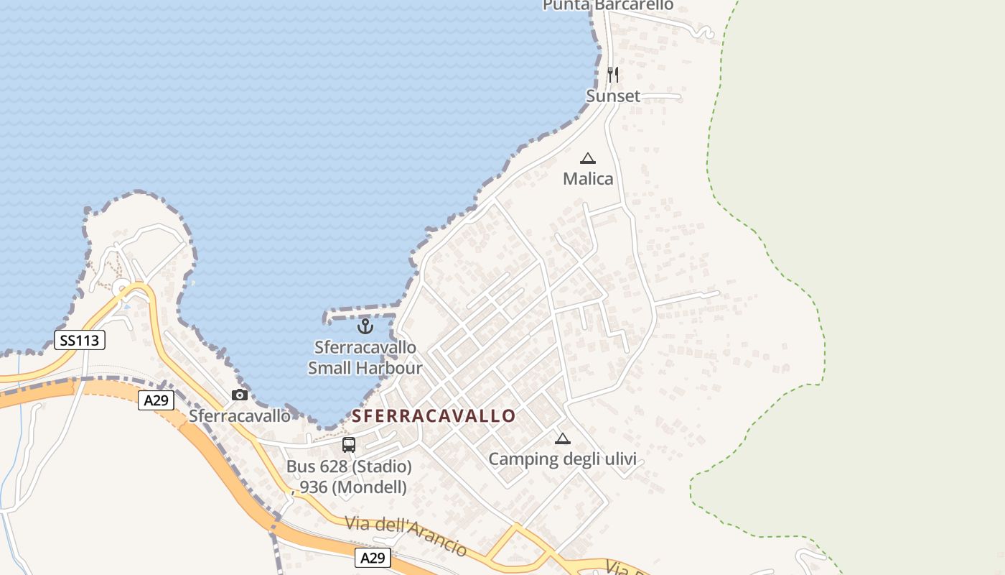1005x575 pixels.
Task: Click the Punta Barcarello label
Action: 608,5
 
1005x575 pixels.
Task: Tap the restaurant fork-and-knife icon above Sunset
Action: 612,74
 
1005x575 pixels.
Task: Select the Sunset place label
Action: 613,96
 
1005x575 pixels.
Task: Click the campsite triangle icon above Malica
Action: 588,158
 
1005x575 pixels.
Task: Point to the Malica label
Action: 588,178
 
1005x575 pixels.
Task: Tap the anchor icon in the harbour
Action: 365,326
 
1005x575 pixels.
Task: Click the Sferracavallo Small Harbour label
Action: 365,358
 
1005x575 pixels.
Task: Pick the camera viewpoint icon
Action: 240,395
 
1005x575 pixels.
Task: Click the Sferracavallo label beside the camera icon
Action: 240,416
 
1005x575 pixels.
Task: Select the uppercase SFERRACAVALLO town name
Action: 434,416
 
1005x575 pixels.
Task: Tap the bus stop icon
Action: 349,445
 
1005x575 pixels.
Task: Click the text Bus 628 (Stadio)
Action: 349,466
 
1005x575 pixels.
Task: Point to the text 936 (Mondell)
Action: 352,487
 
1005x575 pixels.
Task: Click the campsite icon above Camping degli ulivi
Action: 563,438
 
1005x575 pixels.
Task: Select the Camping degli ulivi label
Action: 562,459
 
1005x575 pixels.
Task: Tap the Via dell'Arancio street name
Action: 406,535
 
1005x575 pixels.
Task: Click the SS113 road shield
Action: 80,340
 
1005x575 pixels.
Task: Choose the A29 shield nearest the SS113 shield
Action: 156,400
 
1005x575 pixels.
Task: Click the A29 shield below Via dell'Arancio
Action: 373,558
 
